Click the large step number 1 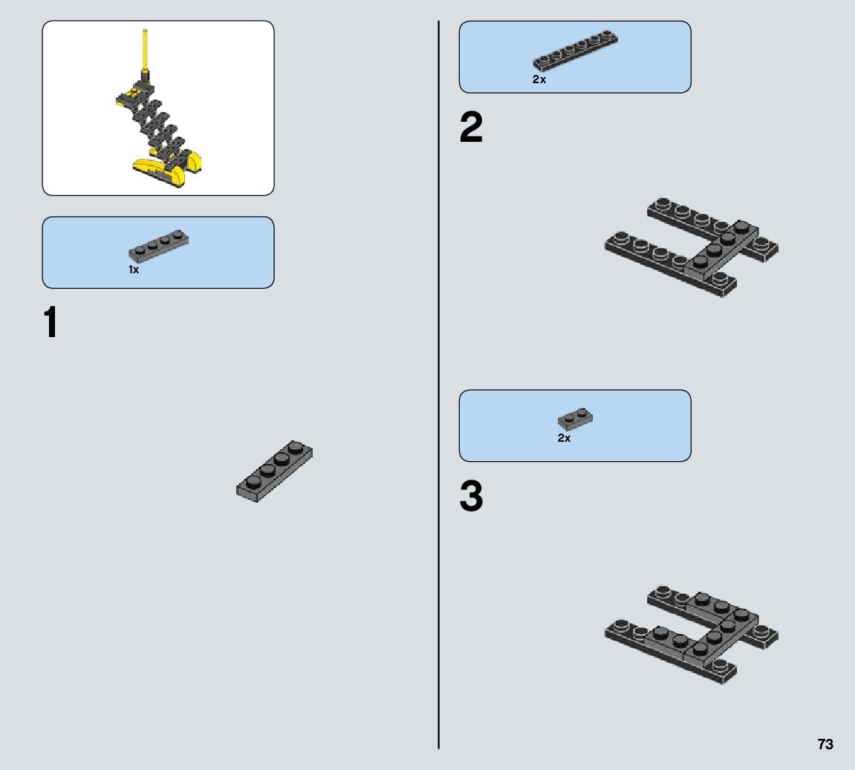[x=51, y=324]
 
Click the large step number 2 [x=471, y=128]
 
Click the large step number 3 [x=471, y=497]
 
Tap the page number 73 [x=825, y=745]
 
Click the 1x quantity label [x=134, y=270]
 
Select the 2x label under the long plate [x=539, y=79]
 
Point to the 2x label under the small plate [x=565, y=438]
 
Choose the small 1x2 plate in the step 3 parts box [x=575, y=420]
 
